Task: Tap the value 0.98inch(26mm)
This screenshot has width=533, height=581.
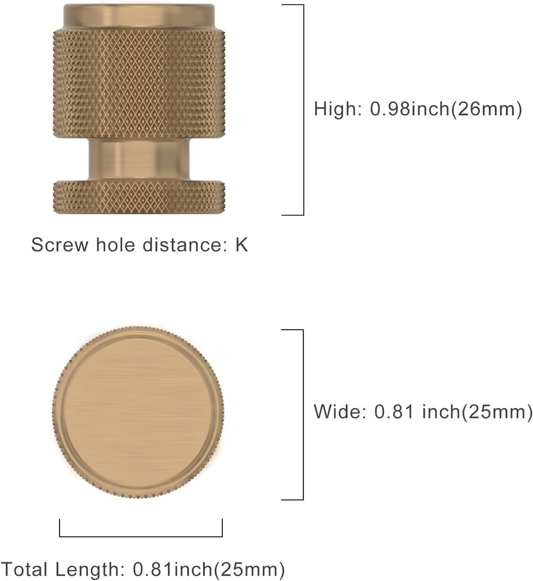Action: click(x=445, y=109)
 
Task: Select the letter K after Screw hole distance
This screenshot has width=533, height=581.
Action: click(x=242, y=245)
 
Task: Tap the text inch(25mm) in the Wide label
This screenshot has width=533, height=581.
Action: click(x=477, y=411)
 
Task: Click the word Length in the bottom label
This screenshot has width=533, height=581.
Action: click(x=90, y=568)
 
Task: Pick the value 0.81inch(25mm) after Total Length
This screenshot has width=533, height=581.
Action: click(x=209, y=568)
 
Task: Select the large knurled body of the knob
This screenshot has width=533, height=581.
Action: click(x=139, y=82)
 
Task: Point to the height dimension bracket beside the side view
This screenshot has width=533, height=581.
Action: click(x=303, y=110)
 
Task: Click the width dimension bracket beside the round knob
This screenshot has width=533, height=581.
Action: click(x=303, y=414)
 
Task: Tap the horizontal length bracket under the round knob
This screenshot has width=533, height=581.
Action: click(x=141, y=536)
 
